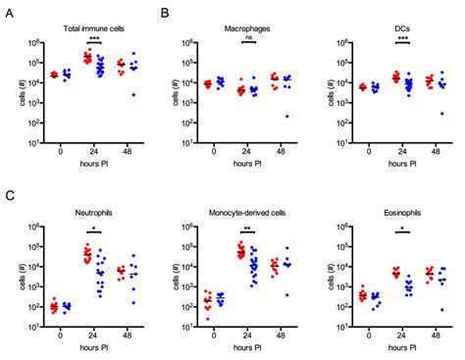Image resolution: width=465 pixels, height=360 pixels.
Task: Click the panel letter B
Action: (165, 13)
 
